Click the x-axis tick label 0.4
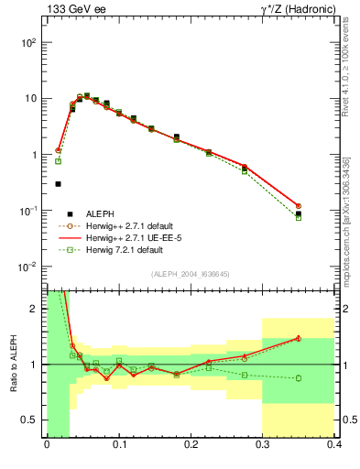point(334,446)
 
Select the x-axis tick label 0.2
point(191,446)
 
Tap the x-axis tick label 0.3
point(262,446)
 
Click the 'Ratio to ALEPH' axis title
point(13,364)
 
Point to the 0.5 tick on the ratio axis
point(32,420)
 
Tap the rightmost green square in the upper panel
point(299,218)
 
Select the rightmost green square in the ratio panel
point(299,378)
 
